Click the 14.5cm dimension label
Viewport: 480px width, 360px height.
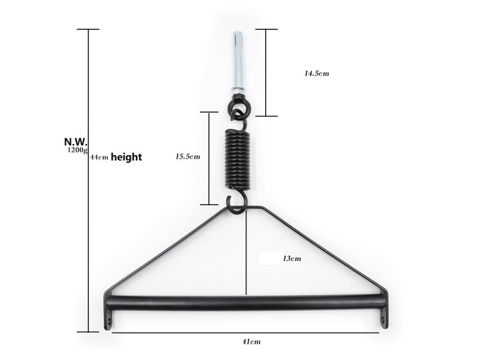[317, 73]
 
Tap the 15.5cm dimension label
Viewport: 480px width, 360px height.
[188, 157]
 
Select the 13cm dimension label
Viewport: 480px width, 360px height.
[292, 259]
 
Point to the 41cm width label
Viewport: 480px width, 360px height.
[251, 341]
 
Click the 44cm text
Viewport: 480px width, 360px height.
[99, 157]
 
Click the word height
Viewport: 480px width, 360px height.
[127, 157]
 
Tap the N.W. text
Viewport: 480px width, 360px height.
[76, 142]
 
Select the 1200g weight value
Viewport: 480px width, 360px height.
[77, 150]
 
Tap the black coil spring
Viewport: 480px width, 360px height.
[238, 159]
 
